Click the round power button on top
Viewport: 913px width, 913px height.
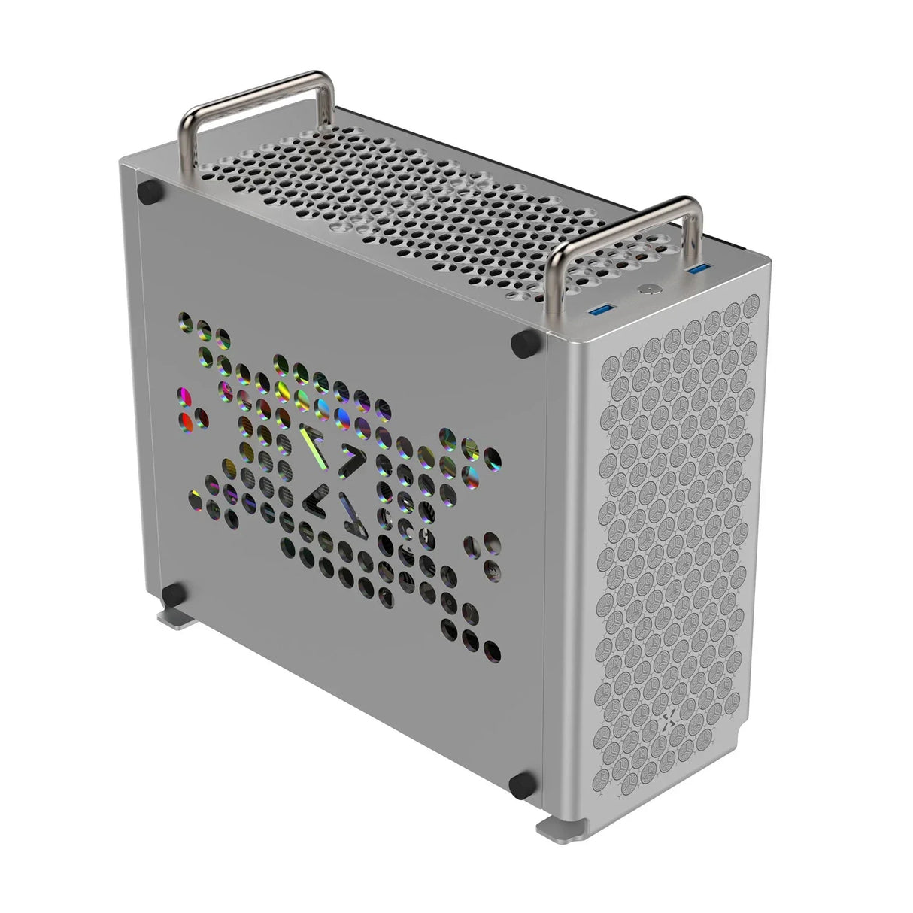pyautogui.click(x=648, y=290)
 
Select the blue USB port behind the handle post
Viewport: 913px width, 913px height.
pyautogui.click(x=698, y=269)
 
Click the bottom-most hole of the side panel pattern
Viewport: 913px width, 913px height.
pyautogui.click(x=492, y=652)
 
